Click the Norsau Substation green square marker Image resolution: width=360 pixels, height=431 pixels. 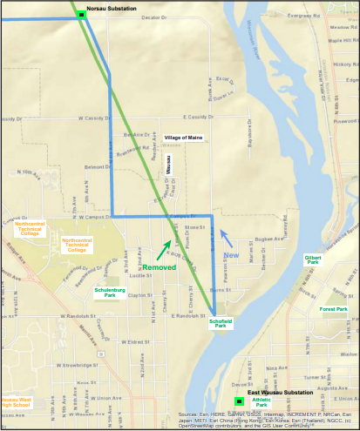81,14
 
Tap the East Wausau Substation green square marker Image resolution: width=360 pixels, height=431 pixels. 239,401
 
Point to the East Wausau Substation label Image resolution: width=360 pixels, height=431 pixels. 278,394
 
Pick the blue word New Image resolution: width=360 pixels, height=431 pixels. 231,254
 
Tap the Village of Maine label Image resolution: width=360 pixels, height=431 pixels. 183,138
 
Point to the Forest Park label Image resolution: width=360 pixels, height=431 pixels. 333,309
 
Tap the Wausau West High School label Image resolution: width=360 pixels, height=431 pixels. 15,402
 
